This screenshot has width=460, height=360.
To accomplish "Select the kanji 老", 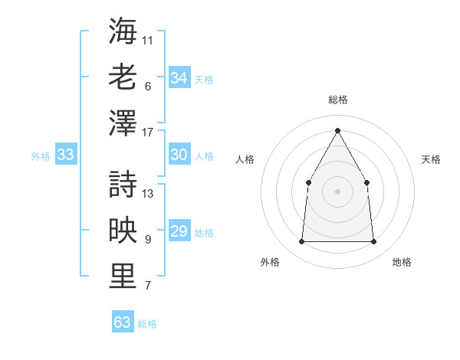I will coord(123,77).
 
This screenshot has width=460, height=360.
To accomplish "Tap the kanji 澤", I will coord(123,123).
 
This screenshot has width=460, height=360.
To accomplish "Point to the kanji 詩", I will coord(123,184).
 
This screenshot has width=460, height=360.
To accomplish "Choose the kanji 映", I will coord(123,231).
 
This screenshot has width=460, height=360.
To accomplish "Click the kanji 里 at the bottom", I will coord(123,277).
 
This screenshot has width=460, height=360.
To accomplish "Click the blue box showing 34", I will coord(179,78).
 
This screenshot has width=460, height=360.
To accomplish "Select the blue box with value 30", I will coord(179,155).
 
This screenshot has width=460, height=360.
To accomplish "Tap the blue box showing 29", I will coord(179,231).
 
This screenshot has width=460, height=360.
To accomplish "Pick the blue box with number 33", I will coord(66,155).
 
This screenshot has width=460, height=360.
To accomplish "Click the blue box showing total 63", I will coord(123,322).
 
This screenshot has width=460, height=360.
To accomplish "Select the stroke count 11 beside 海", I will coord(148,39).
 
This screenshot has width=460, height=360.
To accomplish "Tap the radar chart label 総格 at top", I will coord(337,100).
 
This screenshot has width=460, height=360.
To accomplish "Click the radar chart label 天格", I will coord(431,159).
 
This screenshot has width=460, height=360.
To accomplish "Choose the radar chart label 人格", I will coord(245,159).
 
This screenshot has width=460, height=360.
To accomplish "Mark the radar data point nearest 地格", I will coord(373,242).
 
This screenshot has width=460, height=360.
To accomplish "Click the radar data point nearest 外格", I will coord(301,242).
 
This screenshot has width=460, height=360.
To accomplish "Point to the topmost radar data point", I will coord(337,129).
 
